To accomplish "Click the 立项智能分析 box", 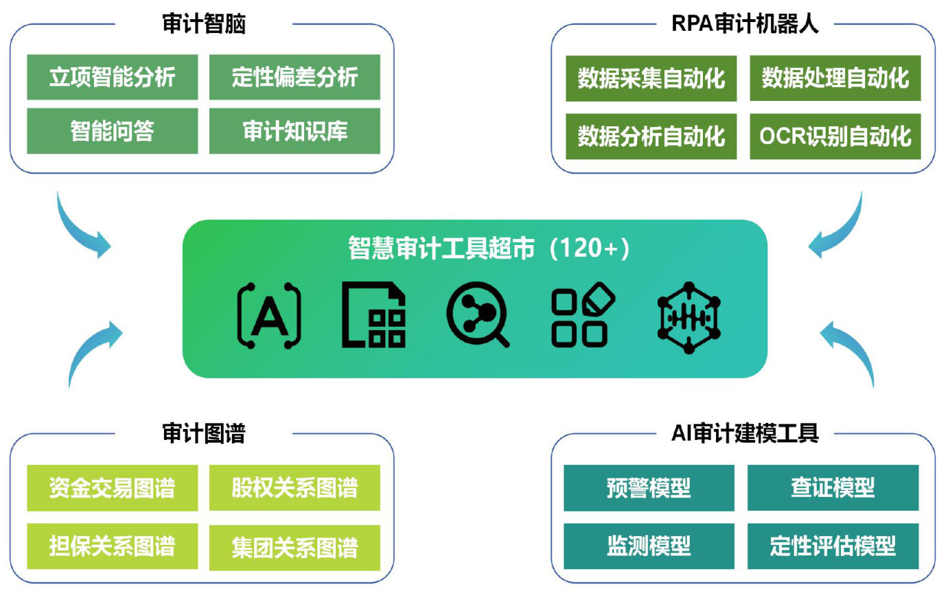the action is (x=112, y=77).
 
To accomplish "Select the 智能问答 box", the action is (x=112, y=131).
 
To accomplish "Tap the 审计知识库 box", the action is (x=294, y=131).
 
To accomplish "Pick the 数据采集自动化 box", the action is (x=651, y=78).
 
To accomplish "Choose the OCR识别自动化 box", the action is (x=835, y=137).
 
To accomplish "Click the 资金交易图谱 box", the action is (x=112, y=488).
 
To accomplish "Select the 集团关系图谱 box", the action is (x=294, y=548).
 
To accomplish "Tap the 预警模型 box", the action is (x=649, y=488).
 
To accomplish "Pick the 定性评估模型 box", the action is (x=833, y=546).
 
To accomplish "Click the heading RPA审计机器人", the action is (x=745, y=23).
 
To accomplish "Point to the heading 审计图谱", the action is (x=204, y=433).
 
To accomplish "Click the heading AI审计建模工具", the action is (x=745, y=433).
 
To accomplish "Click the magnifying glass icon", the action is (x=477, y=314).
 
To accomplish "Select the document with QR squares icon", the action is (x=373, y=314).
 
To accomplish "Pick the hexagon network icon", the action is (x=689, y=317).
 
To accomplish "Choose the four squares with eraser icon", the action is (x=583, y=314).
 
